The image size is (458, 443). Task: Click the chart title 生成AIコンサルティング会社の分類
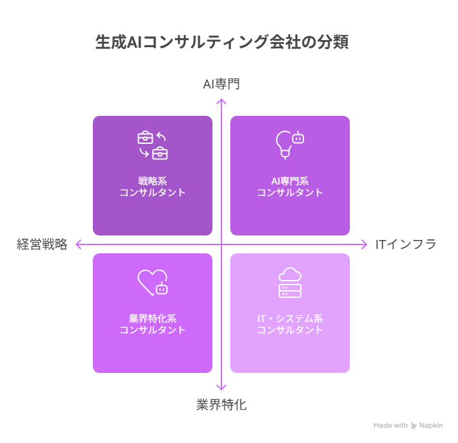[x=222, y=42]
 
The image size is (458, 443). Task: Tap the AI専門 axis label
[x=221, y=84]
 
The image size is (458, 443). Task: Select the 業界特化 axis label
[x=221, y=405]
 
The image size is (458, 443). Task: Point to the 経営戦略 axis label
[x=42, y=244]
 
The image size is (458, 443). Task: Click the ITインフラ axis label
[x=406, y=244]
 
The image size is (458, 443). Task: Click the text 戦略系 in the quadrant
[x=153, y=181]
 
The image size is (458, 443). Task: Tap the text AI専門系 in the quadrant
[x=290, y=181]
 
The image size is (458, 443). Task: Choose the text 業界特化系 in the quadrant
[x=153, y=318]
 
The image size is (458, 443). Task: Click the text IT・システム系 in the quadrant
[x=290, y=318]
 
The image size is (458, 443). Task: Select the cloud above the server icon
[x=290, y=275]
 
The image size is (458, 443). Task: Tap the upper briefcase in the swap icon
[x=145, y=137]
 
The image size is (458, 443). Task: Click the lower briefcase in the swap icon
[x=160, y=153]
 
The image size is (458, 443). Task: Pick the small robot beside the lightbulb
[x=298, y=137]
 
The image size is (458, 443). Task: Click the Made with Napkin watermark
[x=408, y=425]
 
